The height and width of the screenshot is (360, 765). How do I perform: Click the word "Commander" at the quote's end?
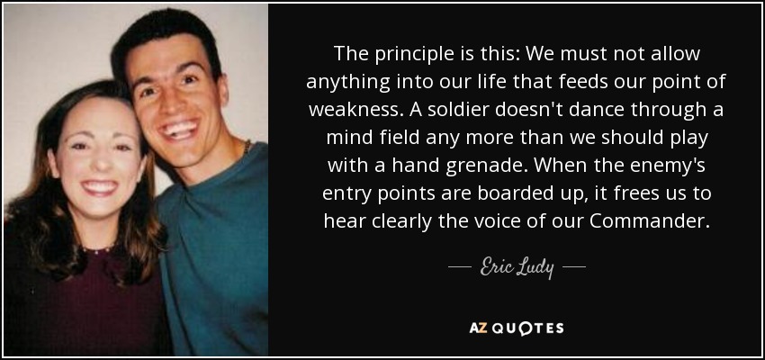click(x=647, y=221)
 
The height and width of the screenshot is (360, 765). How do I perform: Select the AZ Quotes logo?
click(x=517, y=328)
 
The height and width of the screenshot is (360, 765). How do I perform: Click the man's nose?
click(x=176, y=103)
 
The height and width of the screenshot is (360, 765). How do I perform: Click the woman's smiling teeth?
click(x=99, y=186)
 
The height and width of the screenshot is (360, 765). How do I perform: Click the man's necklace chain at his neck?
click(x=247, y=146)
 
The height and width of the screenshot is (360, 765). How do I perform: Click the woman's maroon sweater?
click(x=83, y=302)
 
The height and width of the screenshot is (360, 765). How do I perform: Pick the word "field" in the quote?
click(x=399, y=138)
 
